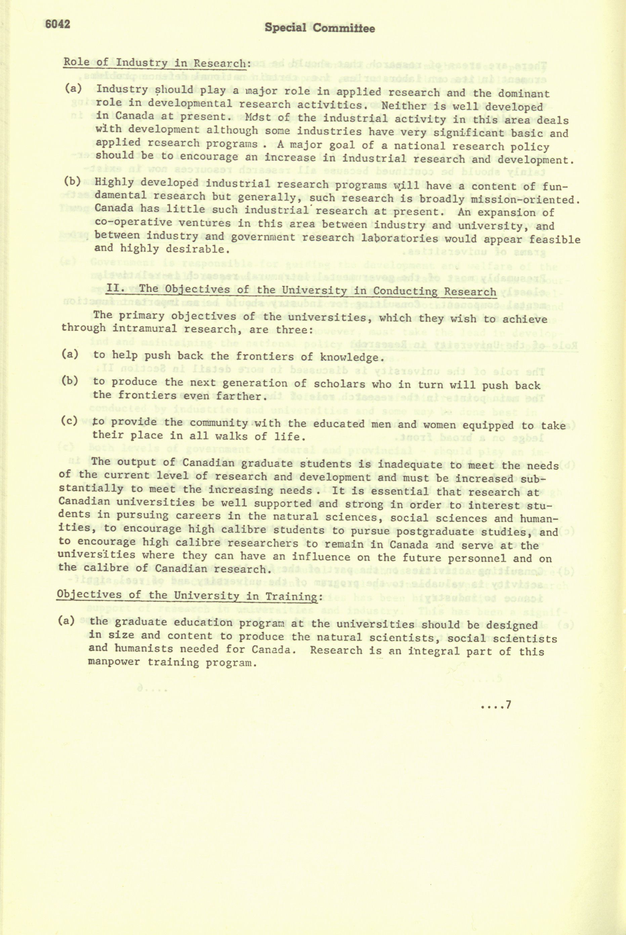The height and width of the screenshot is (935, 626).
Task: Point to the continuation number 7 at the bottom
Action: pyautogui.click(x=508, y=705)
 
